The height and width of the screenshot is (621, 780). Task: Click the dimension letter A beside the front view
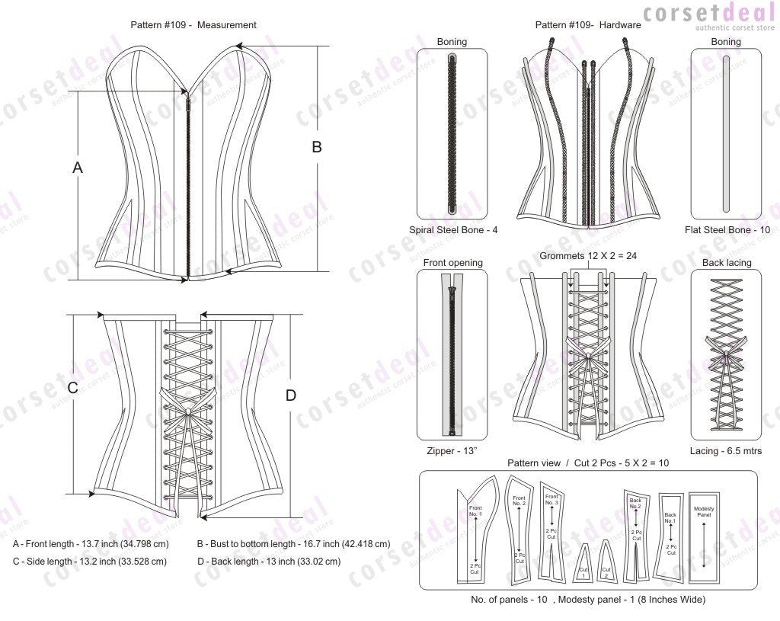coord(77,168)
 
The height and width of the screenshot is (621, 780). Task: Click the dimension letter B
coord(317,148)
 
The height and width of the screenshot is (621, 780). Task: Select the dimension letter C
coord(73,387)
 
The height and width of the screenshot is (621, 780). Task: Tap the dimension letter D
coord(290,395)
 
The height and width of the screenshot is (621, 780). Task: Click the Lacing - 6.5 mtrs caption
coord(725,451)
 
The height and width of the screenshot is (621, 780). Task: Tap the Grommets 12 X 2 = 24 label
coord(587,256)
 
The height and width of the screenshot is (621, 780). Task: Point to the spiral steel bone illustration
coord(452,133)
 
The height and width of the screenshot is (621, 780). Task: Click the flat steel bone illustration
coord(725,133)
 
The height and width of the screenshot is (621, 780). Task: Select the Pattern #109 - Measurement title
coord(193,24)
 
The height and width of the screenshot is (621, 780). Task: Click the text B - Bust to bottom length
coord(293,544)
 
